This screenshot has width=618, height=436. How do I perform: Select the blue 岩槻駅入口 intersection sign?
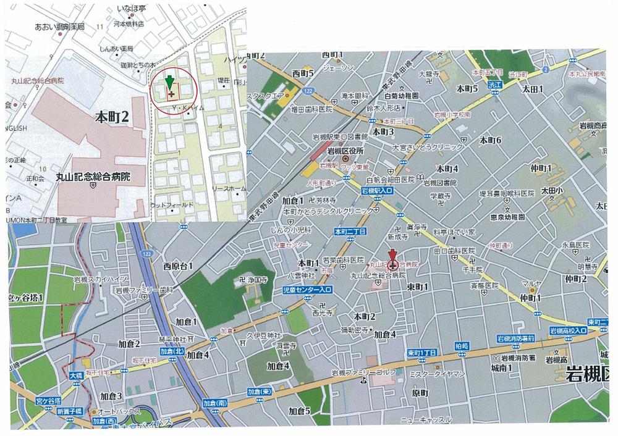(378, 192)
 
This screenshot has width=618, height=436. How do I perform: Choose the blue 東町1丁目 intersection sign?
(422, 353)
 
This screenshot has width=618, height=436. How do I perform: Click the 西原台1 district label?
(179, 266)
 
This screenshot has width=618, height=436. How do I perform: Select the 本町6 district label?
(489, 140)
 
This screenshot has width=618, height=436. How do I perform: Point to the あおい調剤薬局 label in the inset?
(59, 27)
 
